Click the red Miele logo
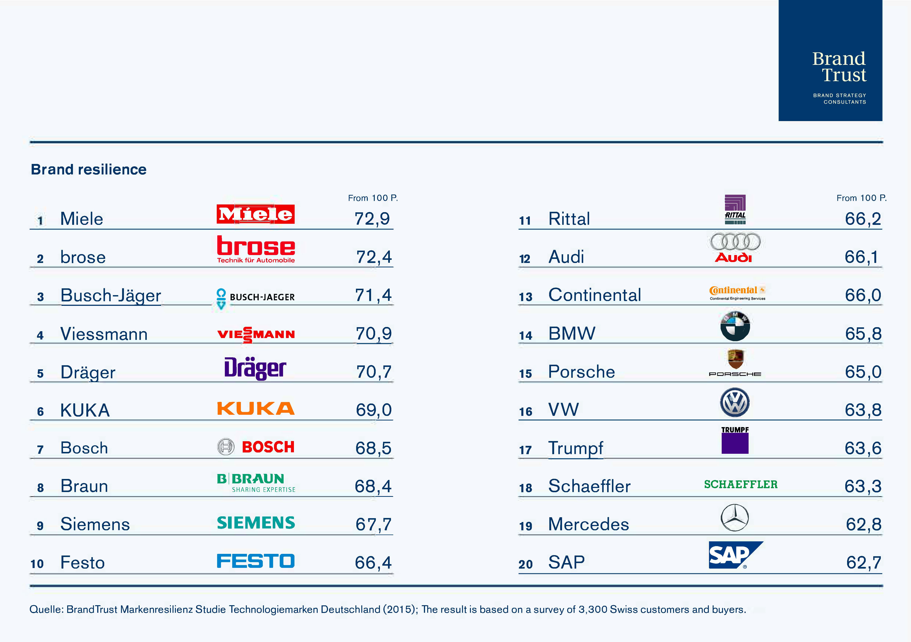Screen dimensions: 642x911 [256, 214]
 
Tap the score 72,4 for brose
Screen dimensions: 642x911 [374, 257]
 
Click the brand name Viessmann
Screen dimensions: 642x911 [104, 334]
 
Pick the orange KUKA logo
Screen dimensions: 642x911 [256, 408]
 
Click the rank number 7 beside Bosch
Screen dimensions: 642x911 [40, 450]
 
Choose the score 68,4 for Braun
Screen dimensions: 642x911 [373, 486]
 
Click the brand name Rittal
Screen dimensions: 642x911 [569, 219]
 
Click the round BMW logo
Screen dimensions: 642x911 [735, 326]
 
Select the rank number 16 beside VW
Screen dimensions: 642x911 [525, 412]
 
